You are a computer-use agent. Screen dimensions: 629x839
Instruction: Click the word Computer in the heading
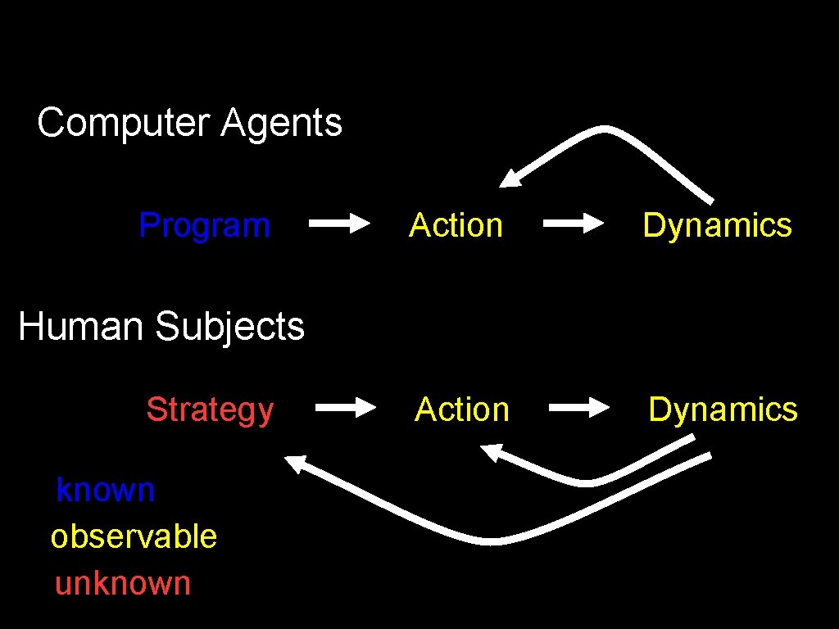click(x=123, y=123)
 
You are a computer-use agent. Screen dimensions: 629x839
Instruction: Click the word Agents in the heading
click(x=281, y=123)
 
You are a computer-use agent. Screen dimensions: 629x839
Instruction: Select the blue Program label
click(x=204, y=224)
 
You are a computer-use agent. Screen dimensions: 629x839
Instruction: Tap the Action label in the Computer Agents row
click(x=456, y=224)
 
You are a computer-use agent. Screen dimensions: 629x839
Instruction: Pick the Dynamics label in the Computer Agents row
click(x=717, y=224)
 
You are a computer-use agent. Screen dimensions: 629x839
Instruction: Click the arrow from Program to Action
click(x=339, y=223)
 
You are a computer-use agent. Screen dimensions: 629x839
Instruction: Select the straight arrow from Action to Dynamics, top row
click(x=574, y=223)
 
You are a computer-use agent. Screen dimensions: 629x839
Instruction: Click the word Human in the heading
click(x=80, y=326)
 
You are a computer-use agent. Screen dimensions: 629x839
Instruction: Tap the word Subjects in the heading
click(x=229, y=326)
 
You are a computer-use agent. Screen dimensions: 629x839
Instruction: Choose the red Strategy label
click(x=210, y=409)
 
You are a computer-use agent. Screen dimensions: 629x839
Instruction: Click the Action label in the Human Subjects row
click(x=462, y=409)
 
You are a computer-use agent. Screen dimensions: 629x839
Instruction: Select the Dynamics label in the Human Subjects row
click(x=723, y=409)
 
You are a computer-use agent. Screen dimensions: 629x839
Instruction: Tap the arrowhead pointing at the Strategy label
click(x=295, y=464)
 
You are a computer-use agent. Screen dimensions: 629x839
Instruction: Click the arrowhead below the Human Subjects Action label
click(x=492, y=451)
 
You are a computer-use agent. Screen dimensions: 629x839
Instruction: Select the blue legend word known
click(x=105, y=490)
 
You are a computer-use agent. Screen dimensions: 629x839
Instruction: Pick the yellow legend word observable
click(x=134, y=536)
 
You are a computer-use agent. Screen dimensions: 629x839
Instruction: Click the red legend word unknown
click(x=123, y=583)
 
